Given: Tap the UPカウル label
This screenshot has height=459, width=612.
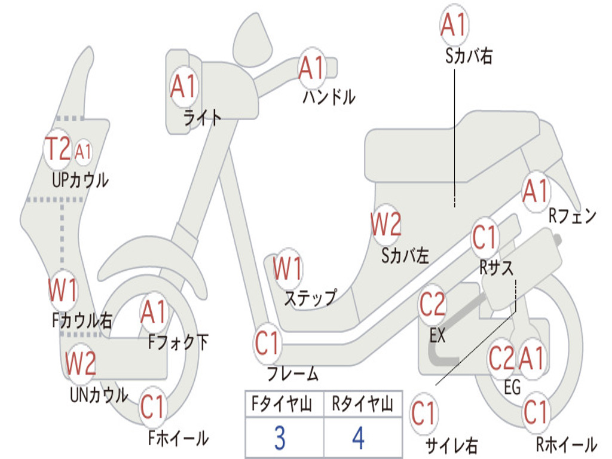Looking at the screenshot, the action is coord(80,180).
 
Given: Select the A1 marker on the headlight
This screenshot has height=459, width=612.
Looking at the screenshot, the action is coord(183,87).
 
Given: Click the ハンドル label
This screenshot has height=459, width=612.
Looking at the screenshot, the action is coord(329,97).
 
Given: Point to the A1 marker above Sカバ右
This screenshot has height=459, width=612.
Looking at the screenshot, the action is coord(454,25).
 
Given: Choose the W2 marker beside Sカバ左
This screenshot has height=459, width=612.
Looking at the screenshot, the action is coord(385,224).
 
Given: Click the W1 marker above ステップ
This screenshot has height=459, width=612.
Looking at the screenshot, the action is coord(287,268).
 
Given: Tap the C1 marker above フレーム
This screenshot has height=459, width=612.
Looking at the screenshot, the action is coord(267,344).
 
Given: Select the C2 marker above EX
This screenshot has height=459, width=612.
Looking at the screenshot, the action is coord(432,304).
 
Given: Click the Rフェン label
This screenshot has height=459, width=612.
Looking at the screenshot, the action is coord(573,216).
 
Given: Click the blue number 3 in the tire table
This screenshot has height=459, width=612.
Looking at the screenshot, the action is coord(280,438).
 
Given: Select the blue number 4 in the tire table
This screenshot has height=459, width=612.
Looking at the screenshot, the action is coord(359,438).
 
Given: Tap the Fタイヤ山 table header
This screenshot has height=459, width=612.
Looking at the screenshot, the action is coord(282,404).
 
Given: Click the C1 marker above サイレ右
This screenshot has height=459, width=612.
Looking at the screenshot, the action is coord(424,414).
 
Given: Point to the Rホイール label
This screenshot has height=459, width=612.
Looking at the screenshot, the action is coord(567,444).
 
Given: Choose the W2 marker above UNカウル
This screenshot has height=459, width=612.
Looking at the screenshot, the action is coord(81,362).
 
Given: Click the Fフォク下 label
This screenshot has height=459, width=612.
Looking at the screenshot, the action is coord(178,342).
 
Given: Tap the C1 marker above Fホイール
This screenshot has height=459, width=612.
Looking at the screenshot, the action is coord(153,407).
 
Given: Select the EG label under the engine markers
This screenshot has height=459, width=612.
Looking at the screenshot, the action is coord(512,387).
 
